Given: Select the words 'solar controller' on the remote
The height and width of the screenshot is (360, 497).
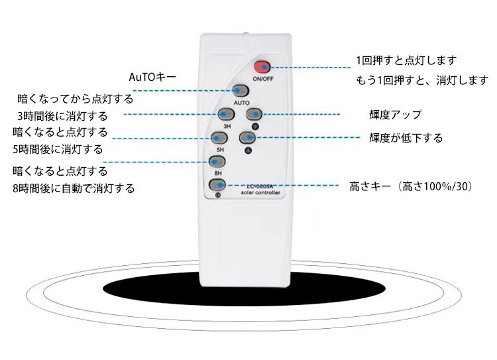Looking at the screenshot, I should click(260, 193).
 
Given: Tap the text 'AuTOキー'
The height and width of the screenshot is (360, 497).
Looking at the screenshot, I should click(152, 78).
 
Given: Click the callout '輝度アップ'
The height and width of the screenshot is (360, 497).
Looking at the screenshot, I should click(395, 115).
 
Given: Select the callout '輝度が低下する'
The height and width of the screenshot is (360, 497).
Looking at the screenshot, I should click(406, 138).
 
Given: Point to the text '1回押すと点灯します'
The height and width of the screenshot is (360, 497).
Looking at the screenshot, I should click(406, 60).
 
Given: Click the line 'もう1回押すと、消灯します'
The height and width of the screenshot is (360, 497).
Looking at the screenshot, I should click(422, 81).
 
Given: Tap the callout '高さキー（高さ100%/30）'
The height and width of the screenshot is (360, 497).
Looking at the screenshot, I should click(411, 187).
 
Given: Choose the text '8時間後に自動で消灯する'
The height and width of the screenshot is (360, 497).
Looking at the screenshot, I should click(73, 188).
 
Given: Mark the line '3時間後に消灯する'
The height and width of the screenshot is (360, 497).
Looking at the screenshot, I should click(62, 116).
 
